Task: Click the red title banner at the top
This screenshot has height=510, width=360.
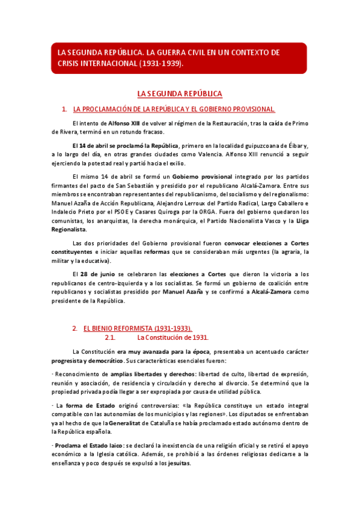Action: (x=180, y=58)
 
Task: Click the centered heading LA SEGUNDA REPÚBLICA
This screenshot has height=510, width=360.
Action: (x=180, y=94)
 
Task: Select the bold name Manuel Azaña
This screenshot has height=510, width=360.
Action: (x=183, y=292)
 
